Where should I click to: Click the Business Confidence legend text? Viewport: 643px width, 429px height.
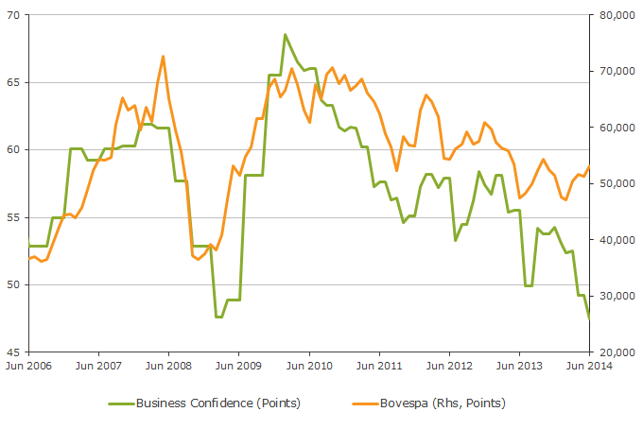tap(218, 403)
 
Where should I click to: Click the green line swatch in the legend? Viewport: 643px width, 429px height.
tap(119, 403)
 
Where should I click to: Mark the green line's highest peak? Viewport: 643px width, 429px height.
tap(285, 35)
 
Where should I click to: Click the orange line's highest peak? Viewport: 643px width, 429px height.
tap(163, 57)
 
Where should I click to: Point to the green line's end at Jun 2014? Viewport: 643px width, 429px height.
tap(589, 318)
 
